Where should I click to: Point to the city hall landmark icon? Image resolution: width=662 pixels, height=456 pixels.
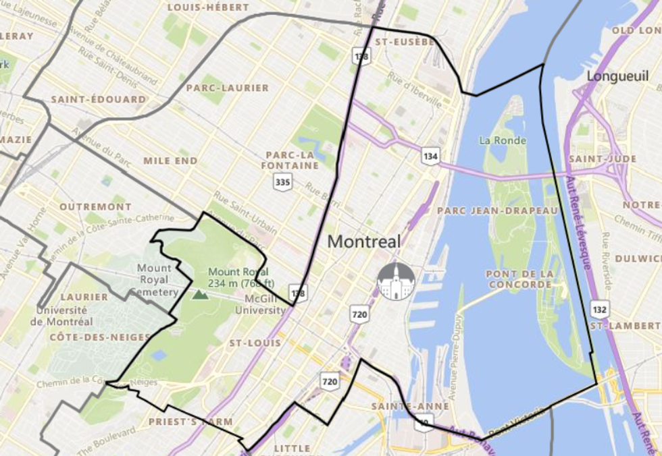point(396,282)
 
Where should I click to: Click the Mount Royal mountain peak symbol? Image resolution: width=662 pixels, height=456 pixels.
point(199,294)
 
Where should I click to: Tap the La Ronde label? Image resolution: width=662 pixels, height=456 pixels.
point(498,140)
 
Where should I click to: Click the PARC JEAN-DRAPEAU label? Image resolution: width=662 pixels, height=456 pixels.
point(498,210)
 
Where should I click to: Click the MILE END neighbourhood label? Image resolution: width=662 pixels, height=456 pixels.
point(170,161)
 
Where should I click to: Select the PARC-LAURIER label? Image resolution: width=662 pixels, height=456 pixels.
point(228,88)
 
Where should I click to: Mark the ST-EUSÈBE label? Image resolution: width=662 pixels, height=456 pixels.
point(405,41)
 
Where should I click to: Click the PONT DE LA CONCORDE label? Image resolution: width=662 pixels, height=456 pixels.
point(519,279)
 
